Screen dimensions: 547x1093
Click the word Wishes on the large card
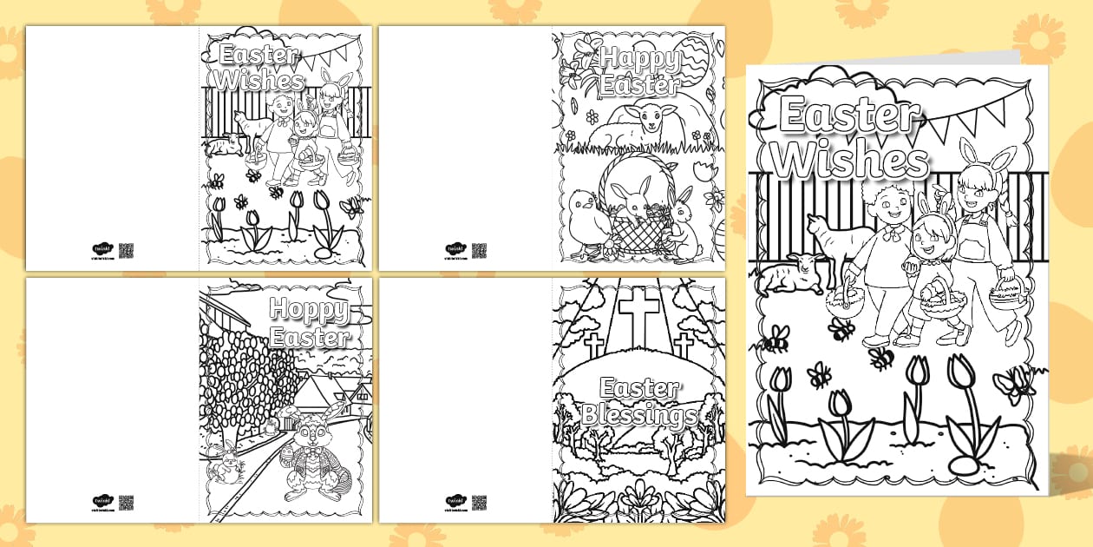tap(850, 161)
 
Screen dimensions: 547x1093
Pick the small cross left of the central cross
tap(594, 346)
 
